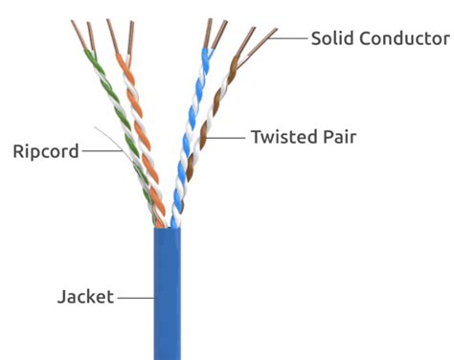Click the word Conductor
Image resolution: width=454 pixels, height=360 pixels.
click(403, 38)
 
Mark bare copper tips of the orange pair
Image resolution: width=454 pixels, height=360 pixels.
click(119, 34)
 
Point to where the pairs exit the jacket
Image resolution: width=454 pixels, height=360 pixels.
click(169, 226)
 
